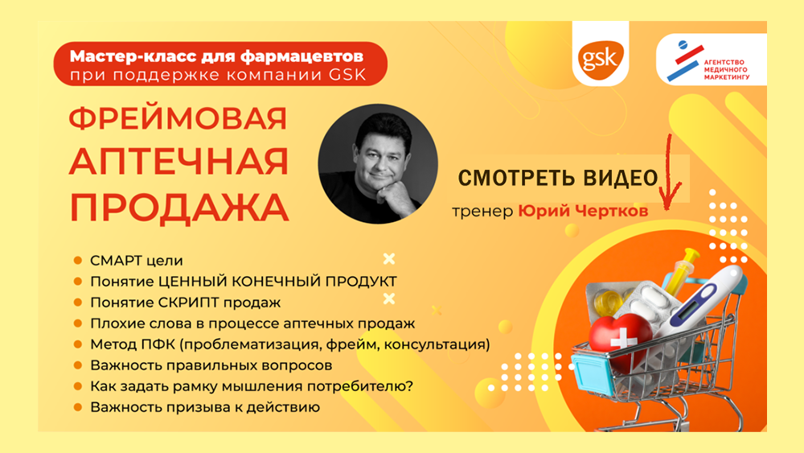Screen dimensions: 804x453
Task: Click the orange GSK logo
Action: (x=601, y=57)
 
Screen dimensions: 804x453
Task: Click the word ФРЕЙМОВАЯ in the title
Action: (x=178, y=119)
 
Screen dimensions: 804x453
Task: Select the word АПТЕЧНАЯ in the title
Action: (x=179, y=162)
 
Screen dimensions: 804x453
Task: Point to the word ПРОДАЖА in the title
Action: (x=179, y=208)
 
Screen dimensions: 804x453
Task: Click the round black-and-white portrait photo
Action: (x=378, y=163)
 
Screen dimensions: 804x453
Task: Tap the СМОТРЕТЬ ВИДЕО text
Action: (x=558, y=178)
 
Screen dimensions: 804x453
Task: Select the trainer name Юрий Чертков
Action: (x=583, y=210)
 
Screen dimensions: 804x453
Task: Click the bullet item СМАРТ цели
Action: (x=137, y=261)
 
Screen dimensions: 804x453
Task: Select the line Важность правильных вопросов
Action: (x=211, y=365)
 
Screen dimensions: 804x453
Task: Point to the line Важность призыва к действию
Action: (x=205, y=407)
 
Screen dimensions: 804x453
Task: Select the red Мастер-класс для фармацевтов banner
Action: (x=220, y=64)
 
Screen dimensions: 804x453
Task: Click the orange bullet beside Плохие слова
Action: (x=78, y=323)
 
